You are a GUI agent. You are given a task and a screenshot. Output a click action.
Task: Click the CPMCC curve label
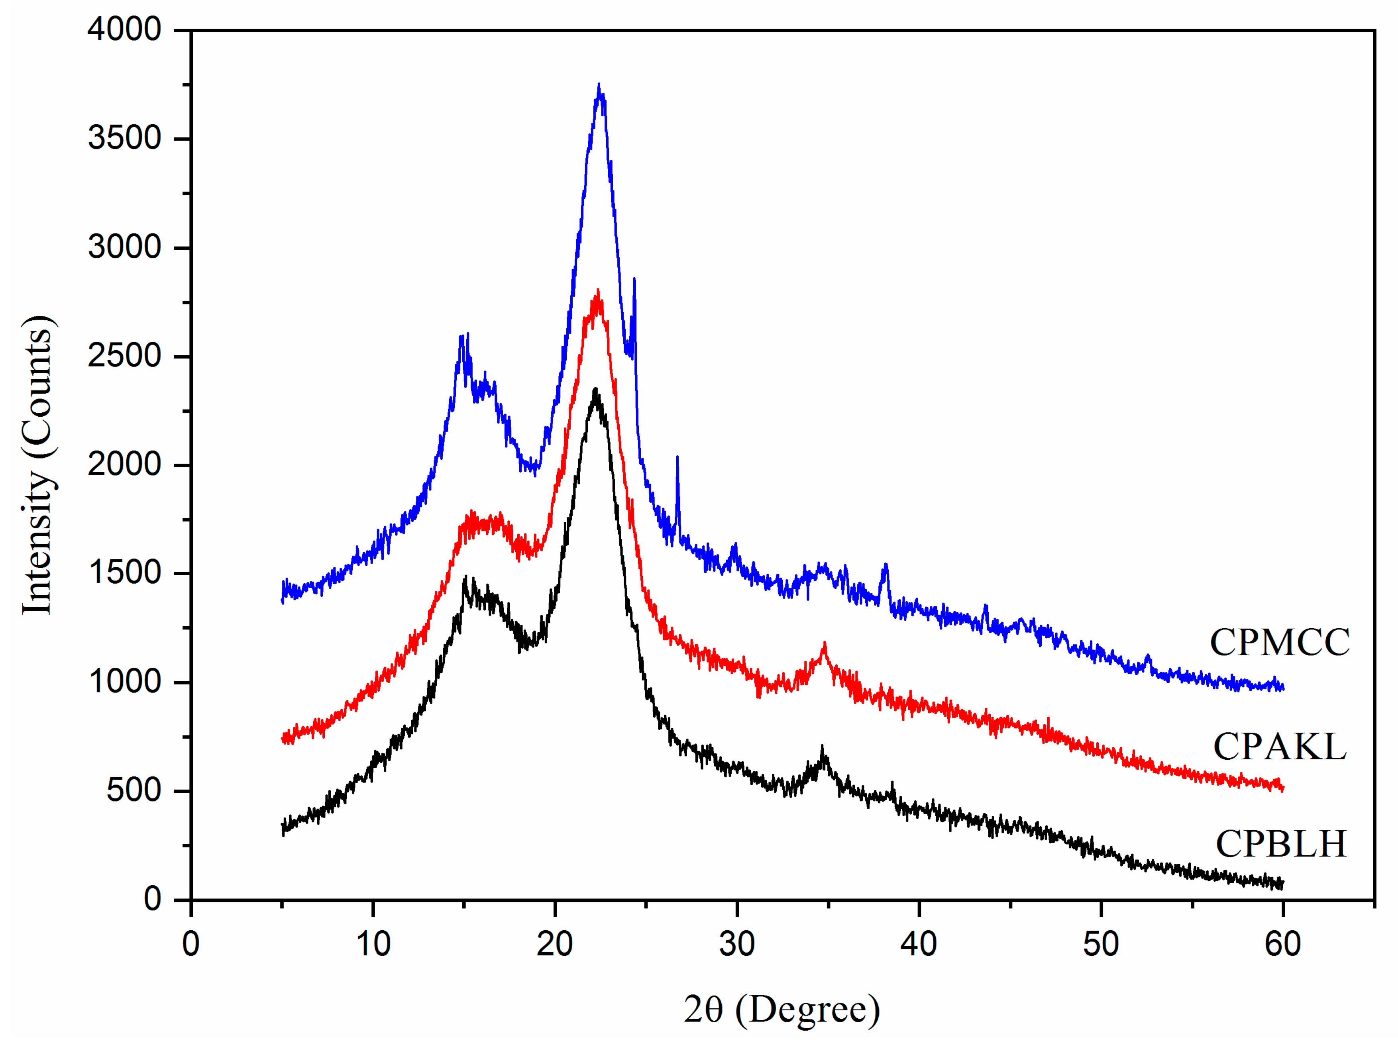1279,643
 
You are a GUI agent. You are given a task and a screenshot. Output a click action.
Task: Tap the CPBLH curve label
1280,845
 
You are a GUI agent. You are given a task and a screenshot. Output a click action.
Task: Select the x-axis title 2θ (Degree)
781,1009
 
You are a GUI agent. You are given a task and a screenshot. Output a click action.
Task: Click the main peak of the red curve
597,292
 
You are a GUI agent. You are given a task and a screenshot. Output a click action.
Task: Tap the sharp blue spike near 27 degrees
677,457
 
